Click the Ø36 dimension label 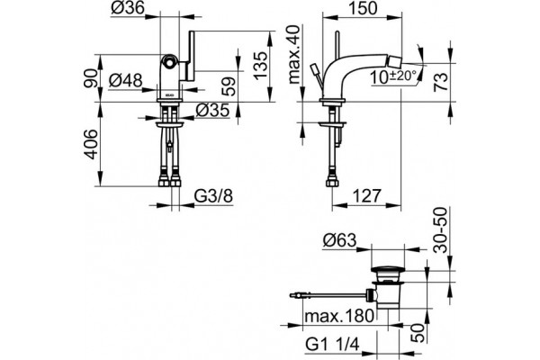pyautogui.click(x=128, y=8)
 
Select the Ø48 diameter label pyautogui.click(x=125, y=81)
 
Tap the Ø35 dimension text pyautogui.click(x=212, y=110)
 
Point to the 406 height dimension pyautogui.click(x=91, y=144)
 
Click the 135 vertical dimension pyautogui.click(x=261, y=66)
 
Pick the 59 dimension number pyautogui.click(x=229, y=86)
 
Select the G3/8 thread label pyautogui.click(x=213, y=196)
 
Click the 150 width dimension pyautogui.click(x=363, y=8)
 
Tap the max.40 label pyautogui.click(x=294, y=55)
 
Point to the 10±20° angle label pyautogui.click(x=393, y=76)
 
